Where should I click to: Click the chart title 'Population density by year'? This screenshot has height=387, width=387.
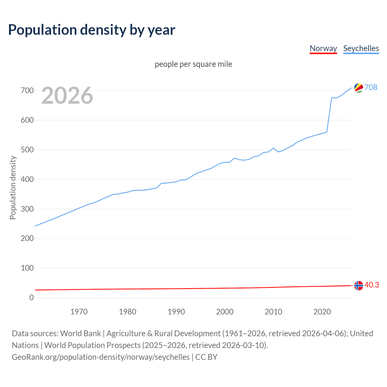pos(92,30)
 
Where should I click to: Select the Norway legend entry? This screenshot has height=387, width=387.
pos(323,48)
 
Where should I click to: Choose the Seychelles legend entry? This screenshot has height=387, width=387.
pos(361,48)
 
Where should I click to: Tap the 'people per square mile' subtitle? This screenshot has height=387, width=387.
pos(193,64)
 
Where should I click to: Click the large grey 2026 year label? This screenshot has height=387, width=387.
pos(67,96)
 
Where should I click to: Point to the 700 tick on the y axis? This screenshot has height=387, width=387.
pos(27,90)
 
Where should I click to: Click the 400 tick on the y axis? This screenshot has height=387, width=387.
pos(27,179)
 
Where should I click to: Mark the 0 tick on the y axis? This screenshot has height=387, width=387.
pos(31,298)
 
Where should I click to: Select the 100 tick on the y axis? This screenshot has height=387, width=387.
pos(27,268)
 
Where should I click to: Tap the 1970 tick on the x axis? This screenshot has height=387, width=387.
pos(79,312)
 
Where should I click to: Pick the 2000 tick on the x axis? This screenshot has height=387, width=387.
pos(225,312)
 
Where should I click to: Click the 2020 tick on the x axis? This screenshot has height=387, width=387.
pos(322,312)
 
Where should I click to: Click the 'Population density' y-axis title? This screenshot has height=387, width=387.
pos(13,187)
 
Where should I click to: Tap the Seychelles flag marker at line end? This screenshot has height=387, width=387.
pos(359,88)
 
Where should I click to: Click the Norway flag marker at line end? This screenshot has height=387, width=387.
pos(359,285)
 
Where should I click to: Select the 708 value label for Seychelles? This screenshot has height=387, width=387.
pos(371,87)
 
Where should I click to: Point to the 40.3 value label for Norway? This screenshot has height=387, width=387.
pos(372,285)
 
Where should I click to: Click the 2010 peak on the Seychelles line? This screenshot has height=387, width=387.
pos(273,148)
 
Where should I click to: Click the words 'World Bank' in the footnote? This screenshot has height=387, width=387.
pos(80,333)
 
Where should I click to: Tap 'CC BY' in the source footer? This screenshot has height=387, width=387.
pos(206,357)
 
